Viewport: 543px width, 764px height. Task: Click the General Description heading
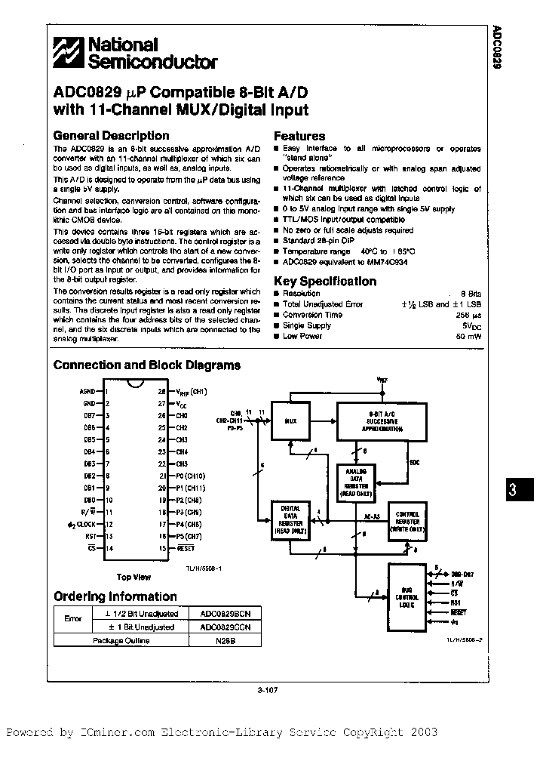click(x=111, y=136)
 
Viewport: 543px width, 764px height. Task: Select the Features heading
click(x=299, y=137)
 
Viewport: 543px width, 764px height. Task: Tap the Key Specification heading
click(x=324, y=281)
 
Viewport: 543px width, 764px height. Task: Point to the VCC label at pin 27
click(x=183, y=404)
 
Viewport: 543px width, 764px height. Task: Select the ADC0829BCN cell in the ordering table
click(x=221, y=613)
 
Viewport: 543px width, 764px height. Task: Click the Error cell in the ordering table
click(x=73, y=619)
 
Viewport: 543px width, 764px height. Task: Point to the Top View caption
click(x=133, y=578)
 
